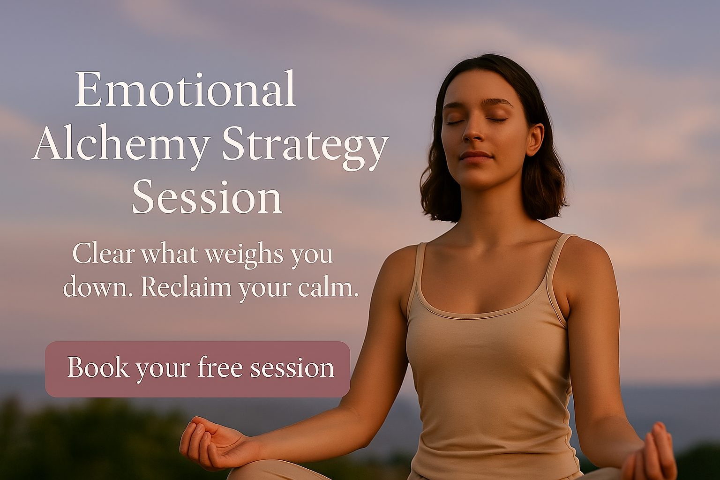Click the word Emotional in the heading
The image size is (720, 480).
coord(186,89)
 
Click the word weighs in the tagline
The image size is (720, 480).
coord(244,255)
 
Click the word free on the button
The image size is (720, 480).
coord(220,367)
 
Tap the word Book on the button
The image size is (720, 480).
coord(98,367)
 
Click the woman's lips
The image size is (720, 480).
coord(476,157)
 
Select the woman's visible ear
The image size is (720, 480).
coord(535,140)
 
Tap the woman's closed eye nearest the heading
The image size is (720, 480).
coord(453,123)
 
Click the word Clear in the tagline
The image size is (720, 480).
coord(104,253)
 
